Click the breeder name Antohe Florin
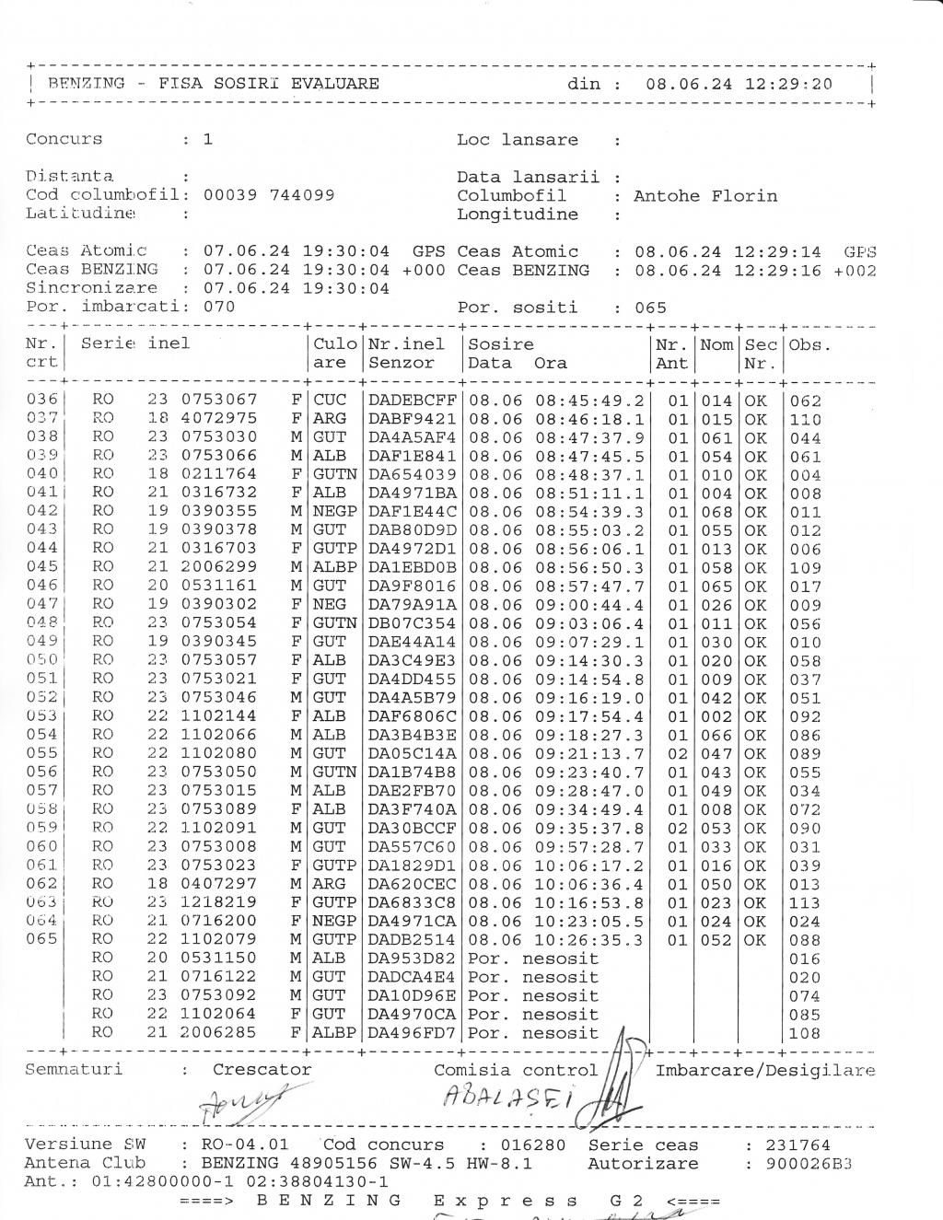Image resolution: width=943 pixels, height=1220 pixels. (x=704, y=196)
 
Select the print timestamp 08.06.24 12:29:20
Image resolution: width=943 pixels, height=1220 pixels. (x=739, y=85)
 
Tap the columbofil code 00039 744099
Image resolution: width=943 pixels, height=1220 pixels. (x=268, y=195)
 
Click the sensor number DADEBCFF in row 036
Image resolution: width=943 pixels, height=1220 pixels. (x=413, y=401)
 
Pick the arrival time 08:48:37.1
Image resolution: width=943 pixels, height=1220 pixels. (x=589, y=475)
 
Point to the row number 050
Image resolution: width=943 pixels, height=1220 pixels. (x=41, y=660)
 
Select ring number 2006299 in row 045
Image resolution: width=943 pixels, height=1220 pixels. (x=218, y=567)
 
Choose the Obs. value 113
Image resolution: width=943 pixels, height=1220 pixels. (x=805, y=903)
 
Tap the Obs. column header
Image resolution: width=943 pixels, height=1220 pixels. (x=810, y=344)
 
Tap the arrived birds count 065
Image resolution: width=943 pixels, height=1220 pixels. (x=650, y=308)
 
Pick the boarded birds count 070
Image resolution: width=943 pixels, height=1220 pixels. (x=219, y=307)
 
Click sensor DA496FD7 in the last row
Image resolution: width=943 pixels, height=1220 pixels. (x=413, y=1033)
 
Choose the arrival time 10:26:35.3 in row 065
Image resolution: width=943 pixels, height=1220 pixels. (x=589, y=940)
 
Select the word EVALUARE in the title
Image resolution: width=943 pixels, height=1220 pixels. (x=334, y=84)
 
